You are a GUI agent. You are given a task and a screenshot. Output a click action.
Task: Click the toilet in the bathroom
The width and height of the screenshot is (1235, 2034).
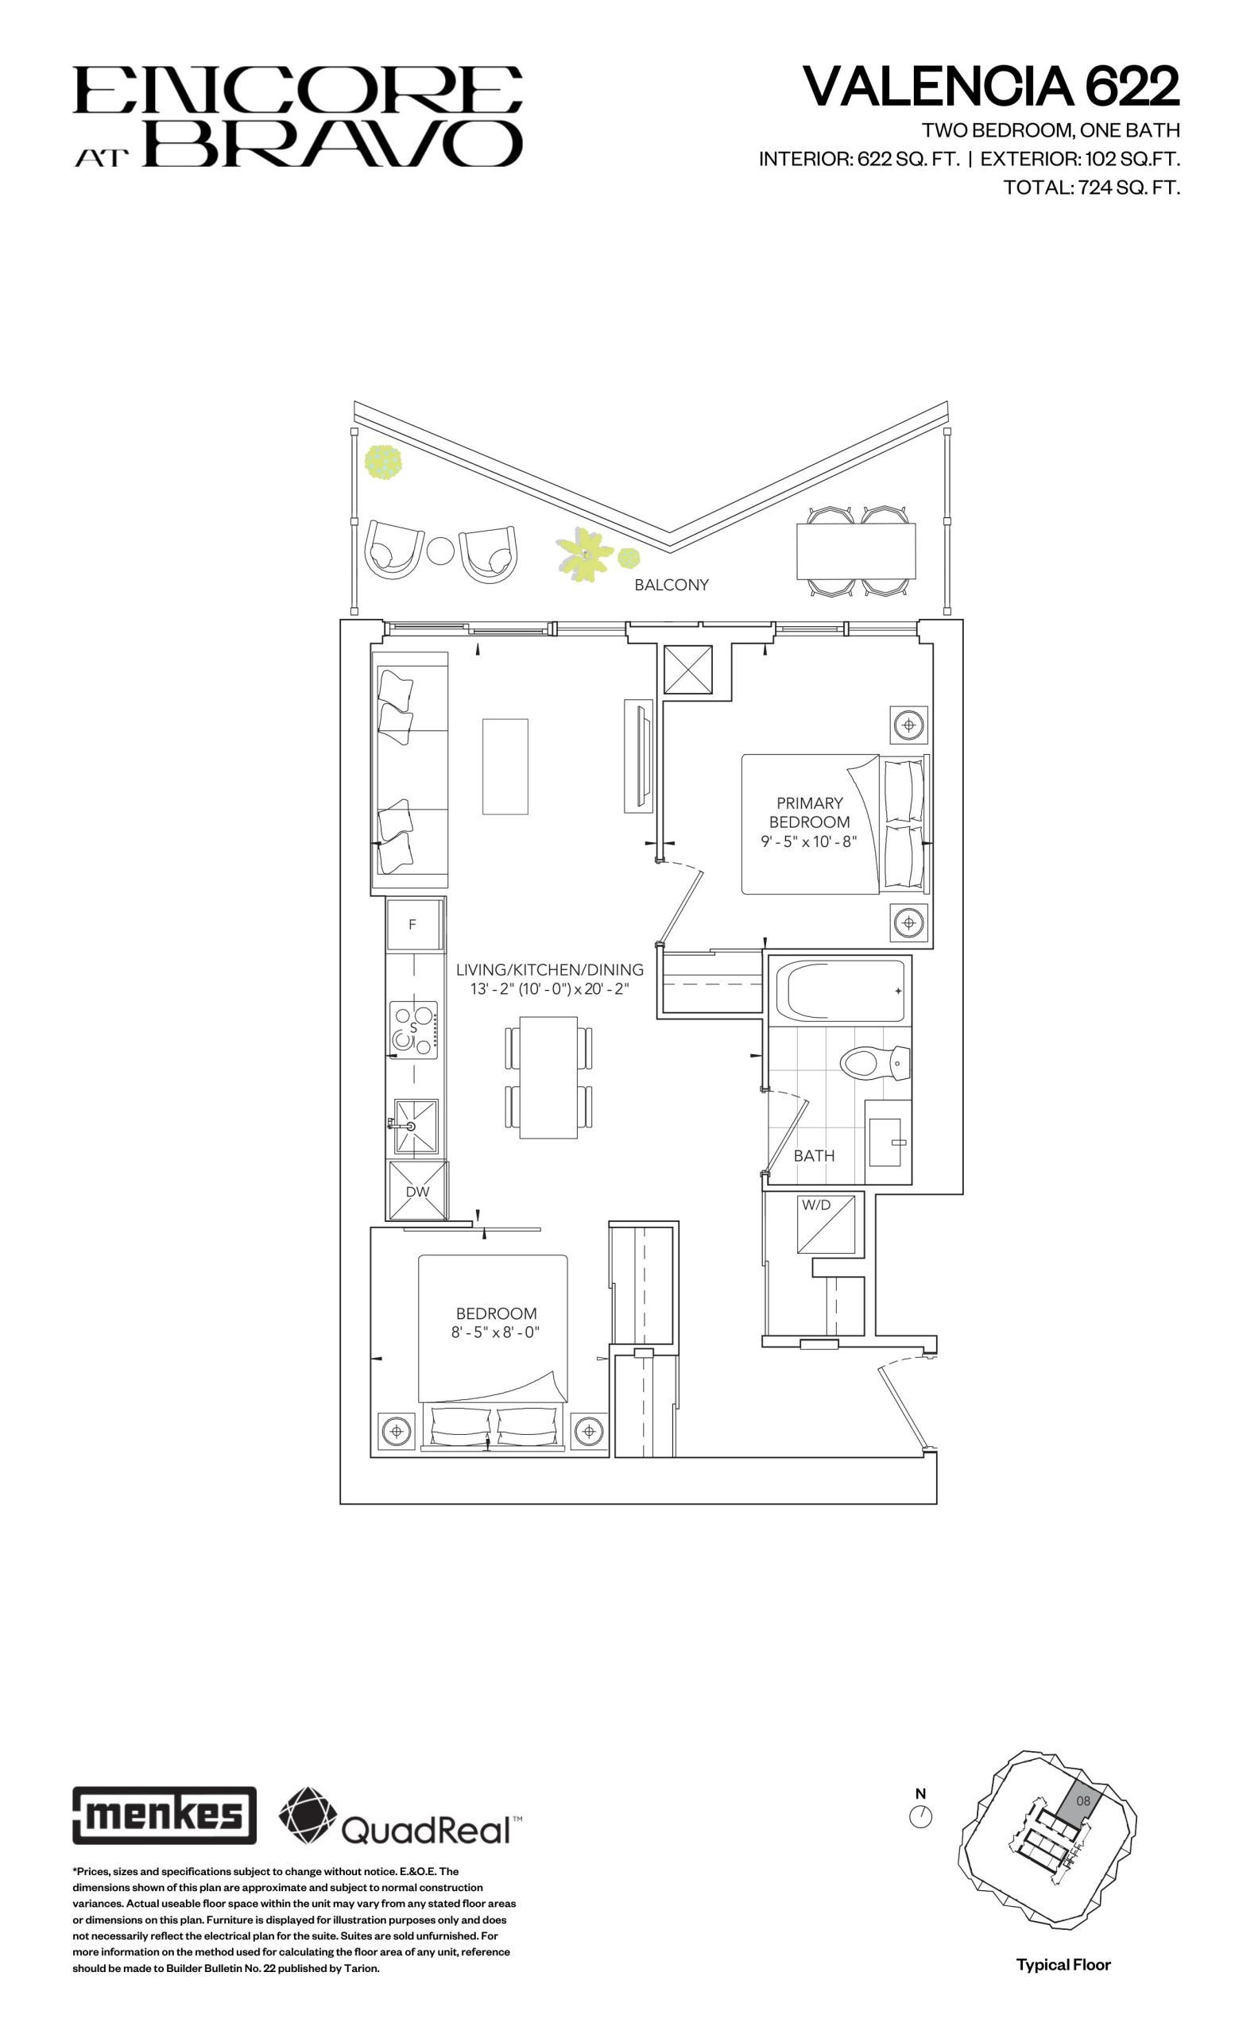tap(873, 1062)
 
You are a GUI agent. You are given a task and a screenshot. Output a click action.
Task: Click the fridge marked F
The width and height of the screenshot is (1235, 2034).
tap(413, 925)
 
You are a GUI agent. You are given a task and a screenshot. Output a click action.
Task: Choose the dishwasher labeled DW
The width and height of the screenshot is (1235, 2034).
tap(418, 1189)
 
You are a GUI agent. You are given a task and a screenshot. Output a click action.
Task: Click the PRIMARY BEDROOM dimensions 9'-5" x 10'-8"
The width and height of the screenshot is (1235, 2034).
tap(809, 842)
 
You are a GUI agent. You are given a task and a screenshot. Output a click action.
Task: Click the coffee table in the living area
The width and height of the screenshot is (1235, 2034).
tap(505, 766)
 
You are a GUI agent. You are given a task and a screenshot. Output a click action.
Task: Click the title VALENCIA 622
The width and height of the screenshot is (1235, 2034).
tap(992, 87)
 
